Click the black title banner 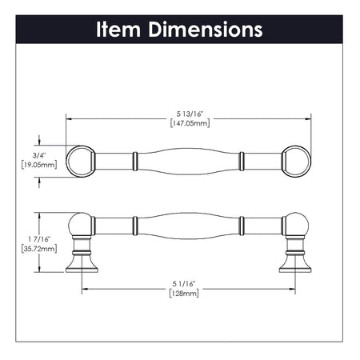pyautogui.click(x=179, y=30)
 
